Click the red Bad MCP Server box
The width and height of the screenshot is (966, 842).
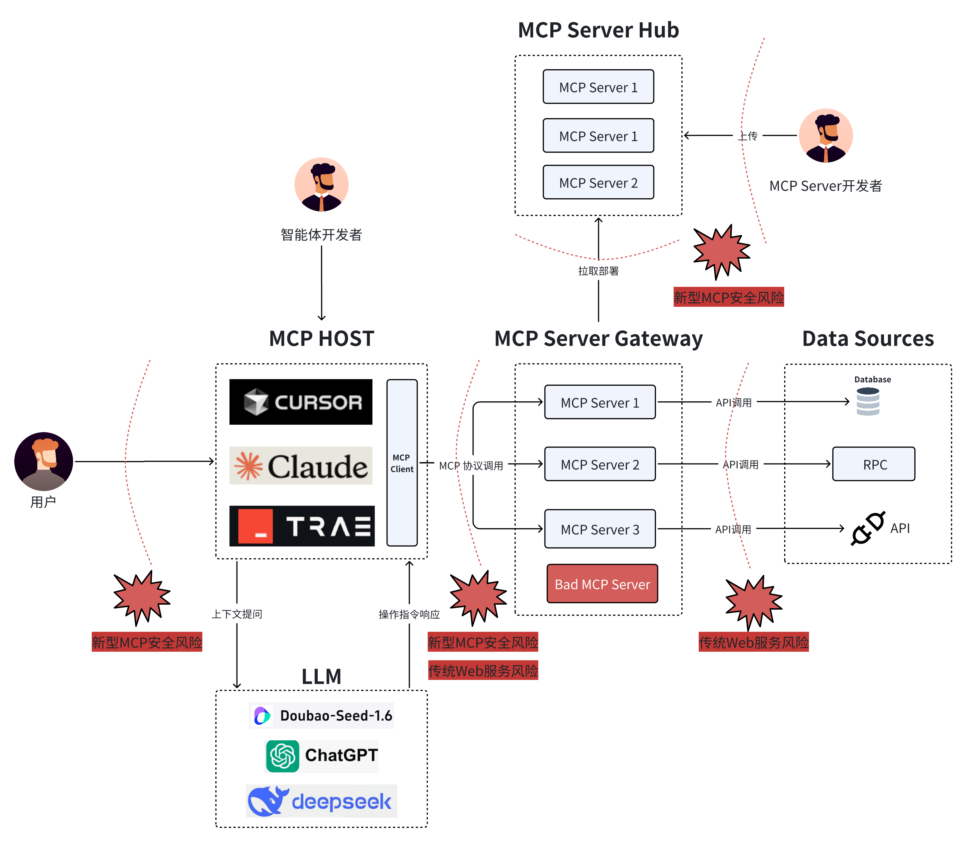point(602,584)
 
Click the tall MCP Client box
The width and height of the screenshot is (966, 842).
point(402,463)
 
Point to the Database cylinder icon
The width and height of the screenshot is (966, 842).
point(867,402)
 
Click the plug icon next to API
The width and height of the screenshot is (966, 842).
point(867,528)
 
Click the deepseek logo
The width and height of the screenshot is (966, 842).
point(321,801)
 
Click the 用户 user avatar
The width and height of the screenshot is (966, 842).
point(44,461)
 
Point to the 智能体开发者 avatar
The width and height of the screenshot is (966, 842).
point(321,184)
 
